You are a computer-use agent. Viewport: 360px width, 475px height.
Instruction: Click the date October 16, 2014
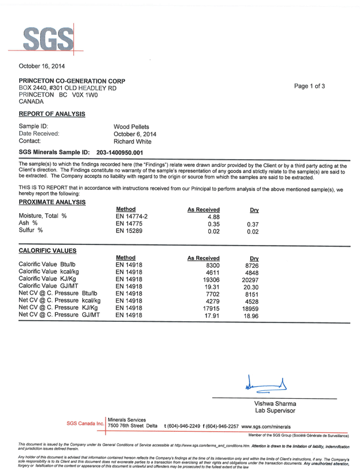click(42, 65)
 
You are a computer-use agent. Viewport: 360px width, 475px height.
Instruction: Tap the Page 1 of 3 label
click(310, 86)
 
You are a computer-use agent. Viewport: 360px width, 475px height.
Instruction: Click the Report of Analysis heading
click(52, 113)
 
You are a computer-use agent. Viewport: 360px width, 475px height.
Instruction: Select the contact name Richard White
click(133, 142)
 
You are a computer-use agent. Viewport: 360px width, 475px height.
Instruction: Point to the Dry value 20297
click(252, 279)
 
